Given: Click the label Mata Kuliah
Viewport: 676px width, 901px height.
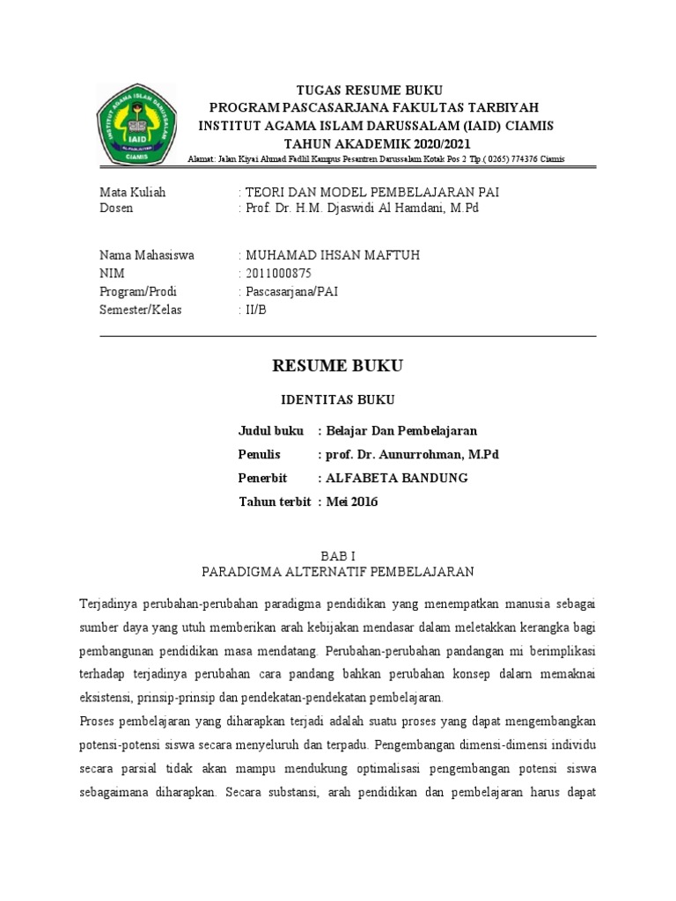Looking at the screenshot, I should click(x=132, y=192).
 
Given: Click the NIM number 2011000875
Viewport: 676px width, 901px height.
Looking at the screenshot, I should click(x=278, y=273).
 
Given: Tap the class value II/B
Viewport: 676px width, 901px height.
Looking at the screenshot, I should click(x=255, y=310).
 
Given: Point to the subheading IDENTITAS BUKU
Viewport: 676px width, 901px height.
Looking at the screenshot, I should click(x=338, y=399).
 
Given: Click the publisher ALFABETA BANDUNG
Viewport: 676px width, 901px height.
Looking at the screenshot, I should click(x=396, y=478).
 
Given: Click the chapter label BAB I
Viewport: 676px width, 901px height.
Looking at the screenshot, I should click(x=338, y=555).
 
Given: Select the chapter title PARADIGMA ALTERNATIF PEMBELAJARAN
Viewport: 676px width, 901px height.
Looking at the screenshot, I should click(x=338, y=572).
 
